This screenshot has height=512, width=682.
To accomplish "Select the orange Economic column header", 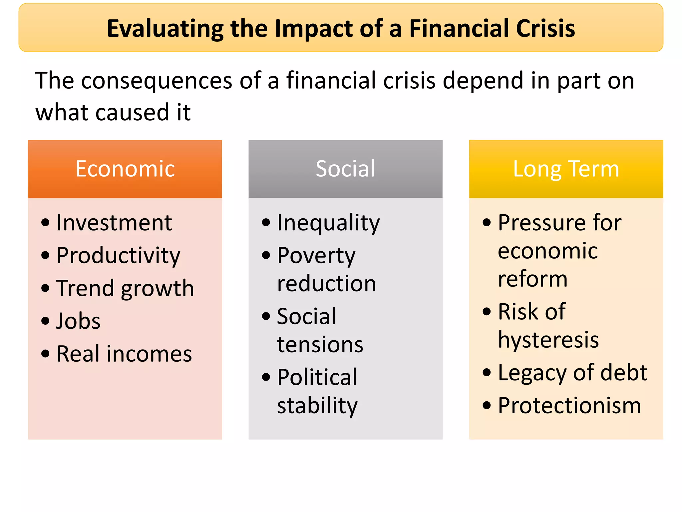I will click(x=125, y=169).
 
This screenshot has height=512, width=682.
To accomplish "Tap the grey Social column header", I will click(x=345, y=169).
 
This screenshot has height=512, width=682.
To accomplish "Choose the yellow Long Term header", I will click(x=566, y=169).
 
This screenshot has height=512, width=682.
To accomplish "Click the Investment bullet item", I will click(x=114, y=223).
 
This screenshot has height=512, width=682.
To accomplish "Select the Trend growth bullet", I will click(x=125, y=288).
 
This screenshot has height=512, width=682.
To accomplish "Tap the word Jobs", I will click(x=79, y=321).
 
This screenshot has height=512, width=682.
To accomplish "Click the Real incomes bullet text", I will click(x=124, y=354).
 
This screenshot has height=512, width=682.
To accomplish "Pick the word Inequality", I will click(x=328, y=223).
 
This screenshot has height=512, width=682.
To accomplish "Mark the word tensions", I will click(x=320, y=344).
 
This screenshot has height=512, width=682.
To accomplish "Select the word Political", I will click(x=317, y=377).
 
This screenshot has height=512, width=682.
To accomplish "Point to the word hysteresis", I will click(x=548, y=340).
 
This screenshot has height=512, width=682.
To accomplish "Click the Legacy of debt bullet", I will click(x=572, y=373).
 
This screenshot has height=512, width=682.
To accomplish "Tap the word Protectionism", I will click(x=569, y=406).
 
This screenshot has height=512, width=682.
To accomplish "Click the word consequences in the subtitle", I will click(x=157, y=81).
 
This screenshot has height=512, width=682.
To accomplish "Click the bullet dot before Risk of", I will click(x=487, y=312).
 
